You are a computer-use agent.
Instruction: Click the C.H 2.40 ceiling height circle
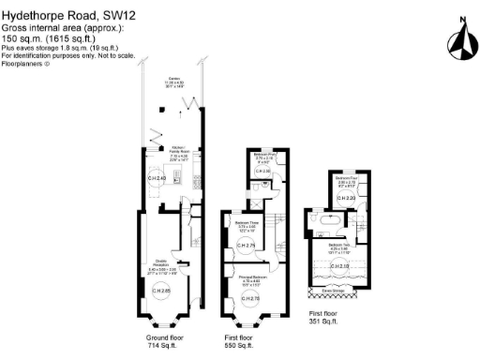coord(157,178)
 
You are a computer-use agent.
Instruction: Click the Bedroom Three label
coord(247,224)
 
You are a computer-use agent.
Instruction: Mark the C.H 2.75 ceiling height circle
coord(247,246)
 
